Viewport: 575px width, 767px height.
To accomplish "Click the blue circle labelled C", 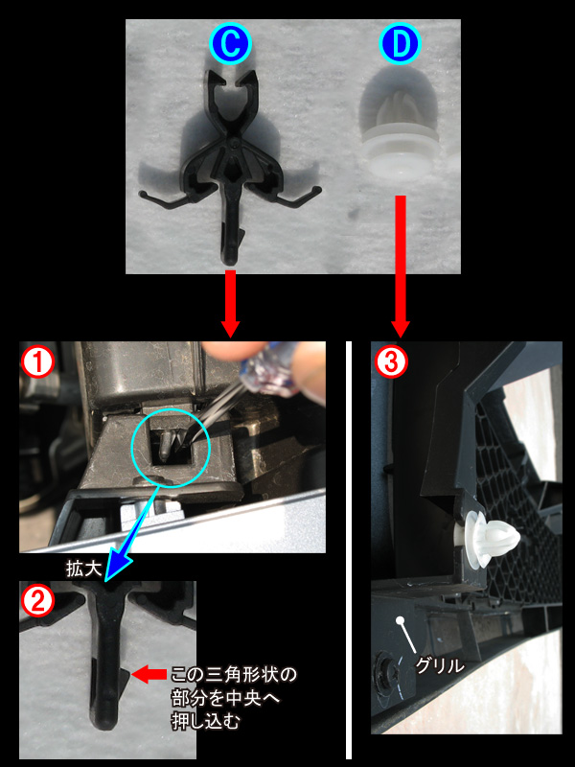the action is tap(230, 43).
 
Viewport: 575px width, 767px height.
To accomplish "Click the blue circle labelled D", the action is tap(400, 43).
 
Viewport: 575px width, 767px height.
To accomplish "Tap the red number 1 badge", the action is tap(37, 362).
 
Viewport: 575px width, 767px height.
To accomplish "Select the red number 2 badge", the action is tap(37, 602).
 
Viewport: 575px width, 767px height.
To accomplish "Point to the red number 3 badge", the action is tap(391, 362).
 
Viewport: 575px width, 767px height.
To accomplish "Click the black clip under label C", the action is tap(230, 161).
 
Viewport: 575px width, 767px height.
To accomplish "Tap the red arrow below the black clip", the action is tap(230, 303).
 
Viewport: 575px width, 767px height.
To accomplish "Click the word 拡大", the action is tap(83, 569).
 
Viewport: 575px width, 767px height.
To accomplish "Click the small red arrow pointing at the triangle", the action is tap(149, 675).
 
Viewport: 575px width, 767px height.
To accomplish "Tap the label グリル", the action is tap(440, 665).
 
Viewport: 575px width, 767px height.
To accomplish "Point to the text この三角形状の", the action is tap(234, 675).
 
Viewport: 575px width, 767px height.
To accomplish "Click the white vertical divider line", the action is tap(349, 549).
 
